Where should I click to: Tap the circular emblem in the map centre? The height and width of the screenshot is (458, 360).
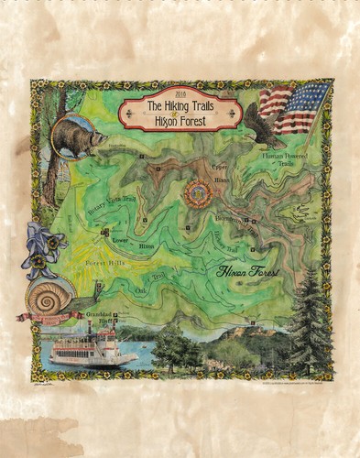pyautogui.click(x=195, y=193)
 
